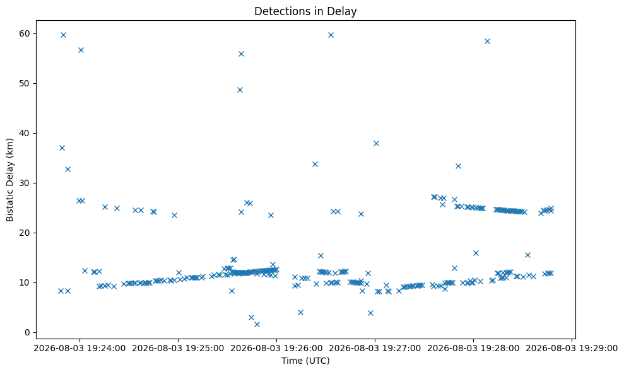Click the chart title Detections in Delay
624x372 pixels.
click(305, 11)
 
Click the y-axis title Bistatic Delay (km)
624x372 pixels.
click(9, 180)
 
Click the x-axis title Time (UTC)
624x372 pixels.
click(305, 361)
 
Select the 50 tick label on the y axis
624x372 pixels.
click(24, 84)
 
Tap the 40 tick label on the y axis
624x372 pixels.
click(24, 133)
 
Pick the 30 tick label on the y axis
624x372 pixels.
click(24, 183)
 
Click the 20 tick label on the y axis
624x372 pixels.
click(24, 233)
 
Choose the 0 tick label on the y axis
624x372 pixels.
click(27, 333)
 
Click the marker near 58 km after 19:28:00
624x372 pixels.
click(487, 42)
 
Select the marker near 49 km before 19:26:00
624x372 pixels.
click(240, 90)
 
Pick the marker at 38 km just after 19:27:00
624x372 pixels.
click(376, 143)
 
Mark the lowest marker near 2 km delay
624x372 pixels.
click(257, 324)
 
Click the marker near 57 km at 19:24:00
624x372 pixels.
click(81, 50)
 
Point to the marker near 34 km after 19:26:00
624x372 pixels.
click(315, 165)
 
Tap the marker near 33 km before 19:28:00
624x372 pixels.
click(458, 166)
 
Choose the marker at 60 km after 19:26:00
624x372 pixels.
click(331, 35)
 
